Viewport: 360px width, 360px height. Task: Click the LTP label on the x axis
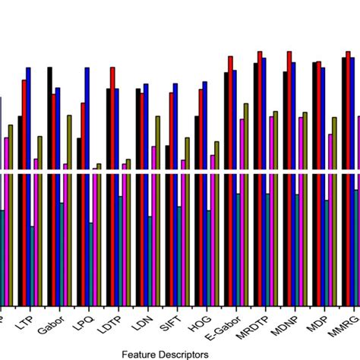(x=24, y=321)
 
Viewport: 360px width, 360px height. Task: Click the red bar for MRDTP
(x=260, y=175)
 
